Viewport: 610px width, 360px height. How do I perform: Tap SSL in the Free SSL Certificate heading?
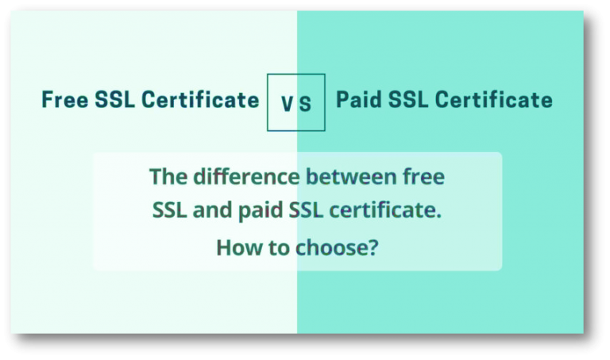point(114,100)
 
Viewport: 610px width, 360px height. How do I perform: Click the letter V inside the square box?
point(288,103)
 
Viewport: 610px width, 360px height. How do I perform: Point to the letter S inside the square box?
point(306,103)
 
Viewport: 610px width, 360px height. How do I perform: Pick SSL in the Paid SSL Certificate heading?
point(408,100)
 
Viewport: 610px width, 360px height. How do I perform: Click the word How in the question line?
point(235,248)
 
